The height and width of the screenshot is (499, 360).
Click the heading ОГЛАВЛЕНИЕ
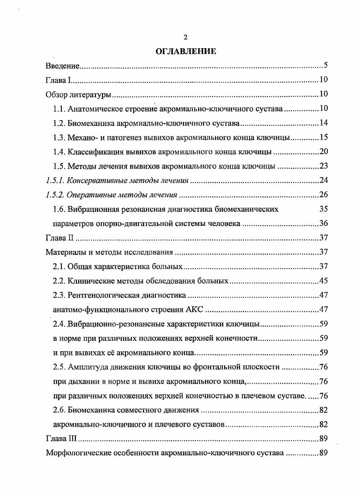pos(185,51)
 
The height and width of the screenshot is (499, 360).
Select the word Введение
pos(63,66)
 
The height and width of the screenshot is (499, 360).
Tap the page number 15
pos(324,138)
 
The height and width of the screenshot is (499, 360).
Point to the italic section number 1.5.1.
pos(56,180)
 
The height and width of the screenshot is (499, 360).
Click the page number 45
pos(324,281)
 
